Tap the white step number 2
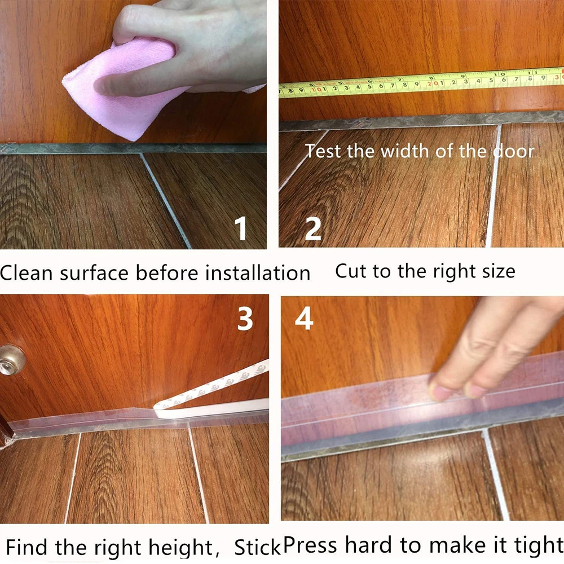click(313, 228)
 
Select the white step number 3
click(245, 319)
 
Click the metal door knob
click(11, 360)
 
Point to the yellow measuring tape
click(421, 82)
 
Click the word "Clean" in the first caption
click(27, 272)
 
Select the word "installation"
click(258, 272)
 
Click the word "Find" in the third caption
click(28, 547)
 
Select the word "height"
click(181, 548)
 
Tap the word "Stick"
click(257, 548)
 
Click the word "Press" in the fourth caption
click(310, 545)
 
